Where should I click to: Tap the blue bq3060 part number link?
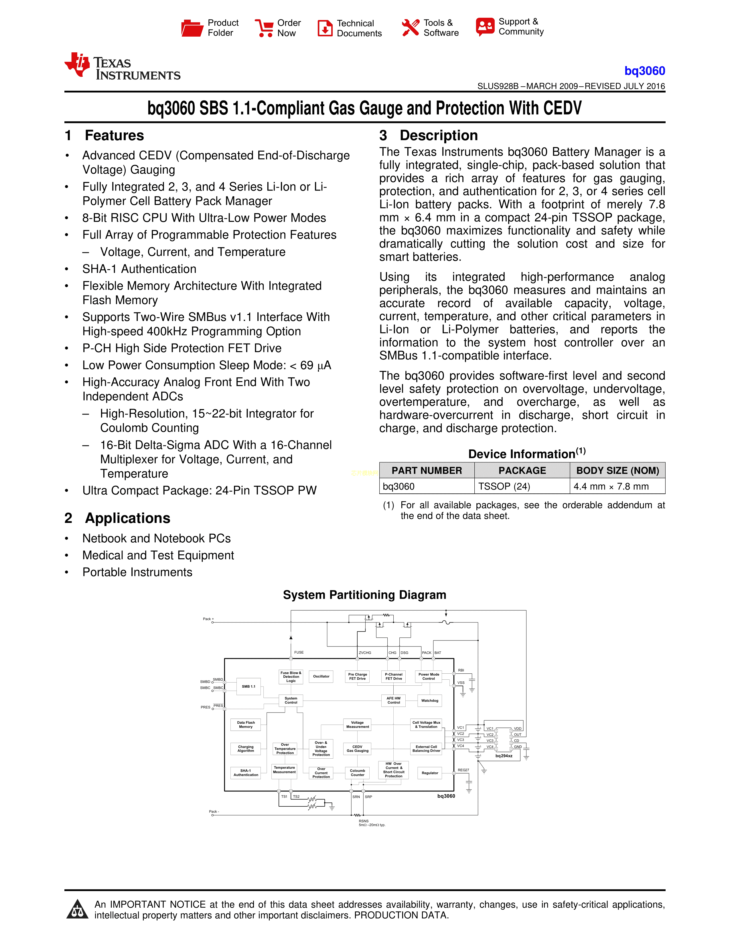point(644,71)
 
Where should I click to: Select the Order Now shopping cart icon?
point(264,28)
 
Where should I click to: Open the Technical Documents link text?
point(359,28)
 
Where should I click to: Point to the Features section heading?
point(114,135)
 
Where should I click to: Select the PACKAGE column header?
point(522,470)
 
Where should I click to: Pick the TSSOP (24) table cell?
point(504,486)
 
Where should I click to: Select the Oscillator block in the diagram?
point(321,677)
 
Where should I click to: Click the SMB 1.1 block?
point(249,686)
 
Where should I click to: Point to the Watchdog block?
point(429,701)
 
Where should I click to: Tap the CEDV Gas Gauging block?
point(357,749)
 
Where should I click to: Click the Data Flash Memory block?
point(246,724)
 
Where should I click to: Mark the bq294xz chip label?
point(504,756)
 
